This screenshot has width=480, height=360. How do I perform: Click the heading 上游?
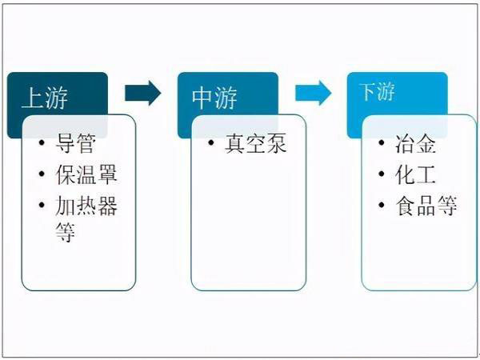coord(45,98)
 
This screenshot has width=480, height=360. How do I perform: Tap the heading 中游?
coord(214,98)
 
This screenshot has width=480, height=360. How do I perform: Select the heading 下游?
coord(377,91)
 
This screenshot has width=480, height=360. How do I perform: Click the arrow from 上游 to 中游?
coord(143,93)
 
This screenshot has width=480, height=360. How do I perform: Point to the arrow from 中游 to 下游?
coord(313,93)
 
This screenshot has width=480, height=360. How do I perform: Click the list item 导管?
coord(76,143)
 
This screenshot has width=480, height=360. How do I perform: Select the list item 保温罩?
coord(86,174)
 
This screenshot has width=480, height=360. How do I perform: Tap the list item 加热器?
coord(86,206)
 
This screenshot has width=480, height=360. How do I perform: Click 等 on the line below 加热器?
coord(66,232)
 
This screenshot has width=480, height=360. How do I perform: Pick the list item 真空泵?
coord(256,143)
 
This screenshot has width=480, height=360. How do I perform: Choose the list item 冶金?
coord(415,143)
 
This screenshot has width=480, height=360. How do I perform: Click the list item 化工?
coord(415,174)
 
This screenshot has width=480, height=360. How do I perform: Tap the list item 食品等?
coord(426,206)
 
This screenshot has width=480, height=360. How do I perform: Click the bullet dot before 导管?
coord(42,142)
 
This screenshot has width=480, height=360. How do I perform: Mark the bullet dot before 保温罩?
coord(42,174)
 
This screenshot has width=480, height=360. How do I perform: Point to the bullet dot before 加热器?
coord(42,205)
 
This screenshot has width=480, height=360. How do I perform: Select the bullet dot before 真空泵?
coord(211,142)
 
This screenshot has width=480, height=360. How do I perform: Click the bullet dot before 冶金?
coord(382,142)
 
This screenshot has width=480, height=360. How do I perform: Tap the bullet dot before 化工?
coord(382,174)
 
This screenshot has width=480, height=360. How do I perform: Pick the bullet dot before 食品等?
coord(382,205)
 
